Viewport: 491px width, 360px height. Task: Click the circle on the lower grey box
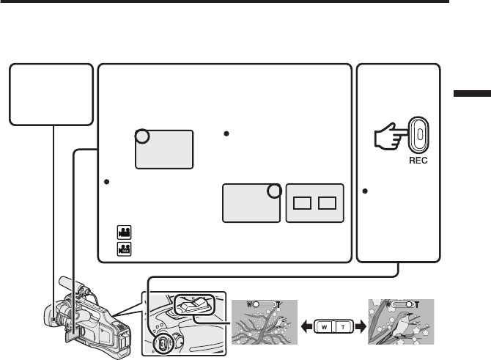click(273, 191)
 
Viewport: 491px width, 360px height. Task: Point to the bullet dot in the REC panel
click(366, 191)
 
